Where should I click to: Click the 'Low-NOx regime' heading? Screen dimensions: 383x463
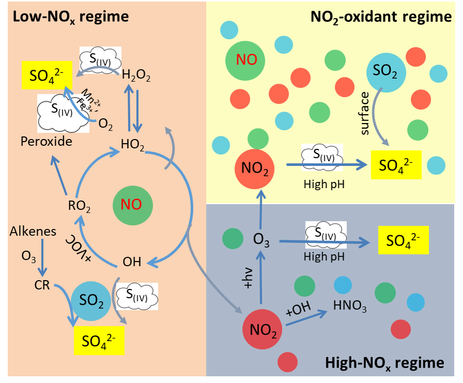(x=71, y=17)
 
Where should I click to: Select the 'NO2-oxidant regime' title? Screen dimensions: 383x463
(x=381, y=17)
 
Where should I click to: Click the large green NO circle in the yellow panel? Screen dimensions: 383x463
(x=246, y=59)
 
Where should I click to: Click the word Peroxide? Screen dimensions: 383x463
(x=46, y=141)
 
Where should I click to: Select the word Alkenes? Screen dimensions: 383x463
(x=33, y=232)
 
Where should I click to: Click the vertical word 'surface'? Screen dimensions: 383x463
(x=365, y=114)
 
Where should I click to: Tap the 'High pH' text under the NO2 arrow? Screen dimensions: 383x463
(x=322, y=183)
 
